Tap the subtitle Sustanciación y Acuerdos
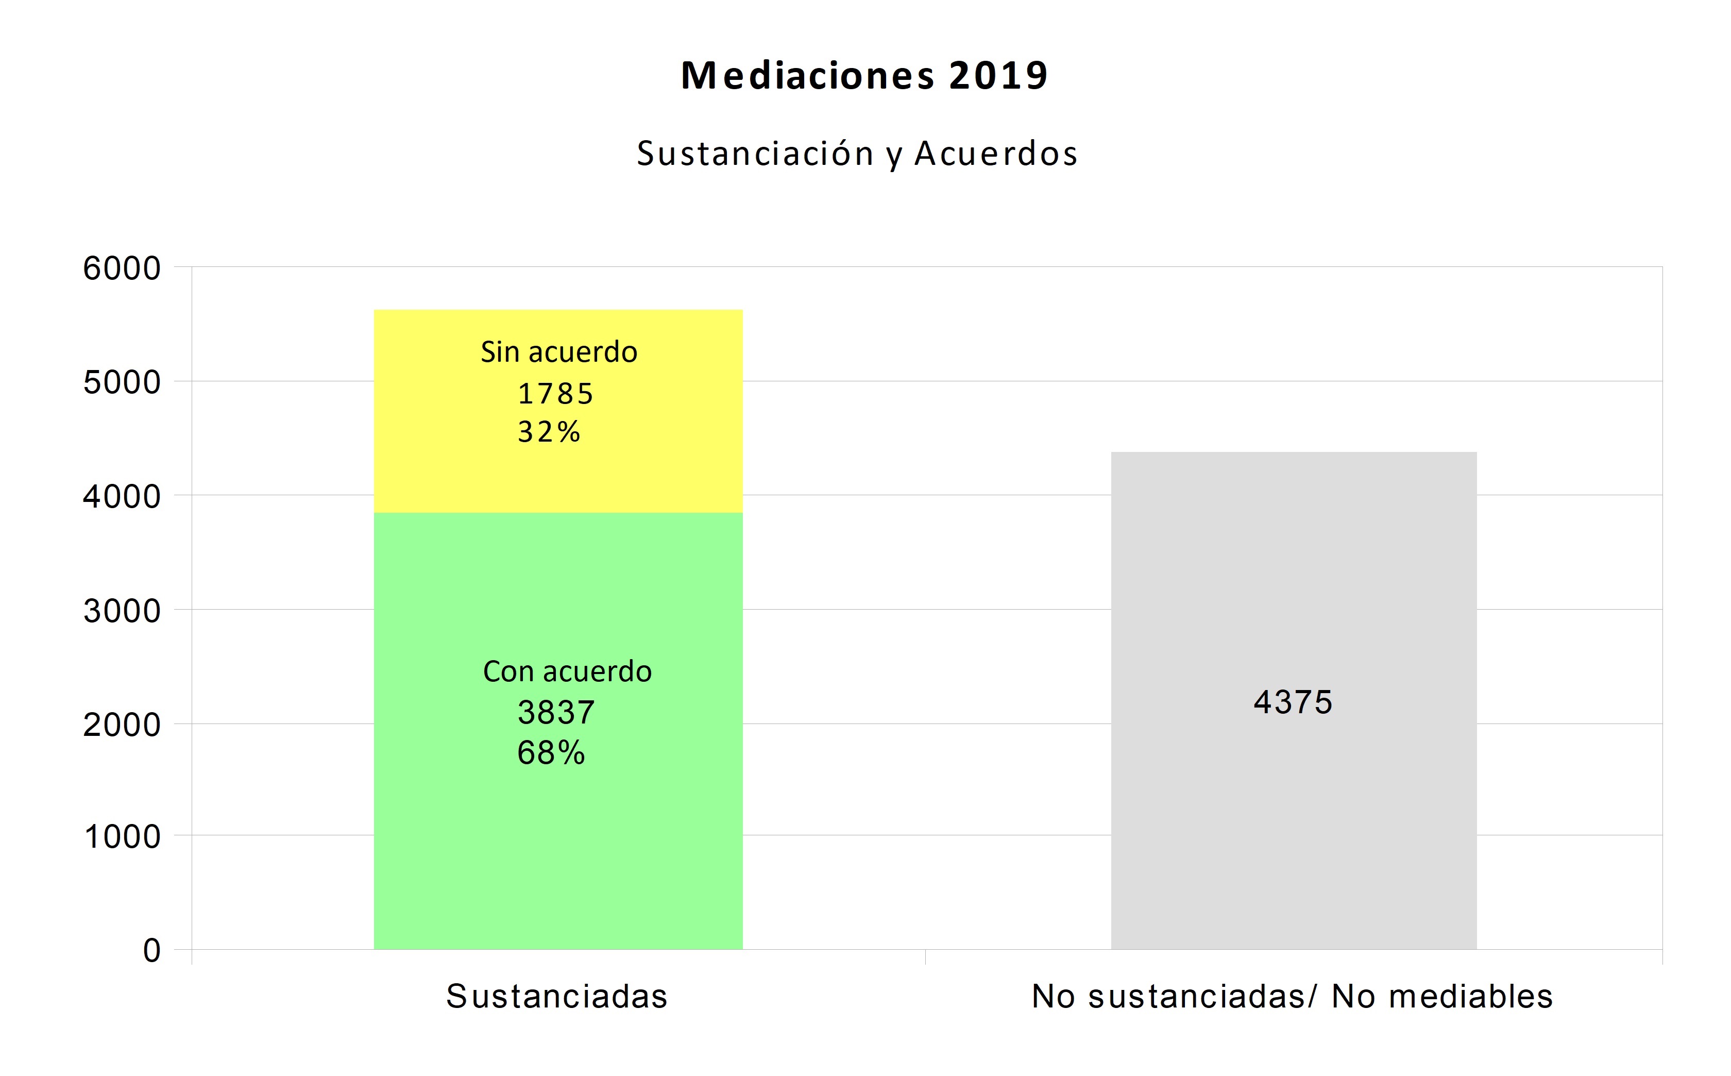tap(857, 154)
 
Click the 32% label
tap(549, 432)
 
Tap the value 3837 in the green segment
tap(556, 712)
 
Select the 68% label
tap(551, 753)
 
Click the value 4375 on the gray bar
tap(1293, 702)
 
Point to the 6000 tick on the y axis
tap(122, 269)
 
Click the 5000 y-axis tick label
tap(122, 383)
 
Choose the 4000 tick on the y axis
tap(122, 497)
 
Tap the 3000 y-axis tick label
tap(122, 611)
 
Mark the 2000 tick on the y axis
tap(122, 725)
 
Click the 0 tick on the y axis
tap(151, 951)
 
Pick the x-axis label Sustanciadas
tap(557, 996)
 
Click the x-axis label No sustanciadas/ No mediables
tap(1292, 996)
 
